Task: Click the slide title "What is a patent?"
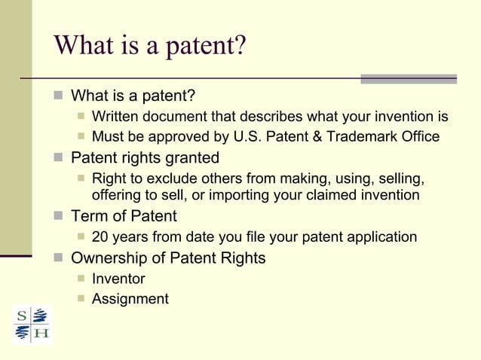(x=149, y=47)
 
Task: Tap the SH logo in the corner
(x=32, y=324)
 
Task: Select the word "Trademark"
(x=363, y=137)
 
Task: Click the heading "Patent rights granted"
(x=145, y=158)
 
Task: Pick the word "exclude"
(x=158, y=178)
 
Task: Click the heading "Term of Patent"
(x=124, y=216)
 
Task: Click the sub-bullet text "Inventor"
(x=118, y=279)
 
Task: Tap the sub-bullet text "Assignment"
(x=130, y=299)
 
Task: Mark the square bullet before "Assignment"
(x=81, y=300)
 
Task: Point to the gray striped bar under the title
(x=408, y=78)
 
